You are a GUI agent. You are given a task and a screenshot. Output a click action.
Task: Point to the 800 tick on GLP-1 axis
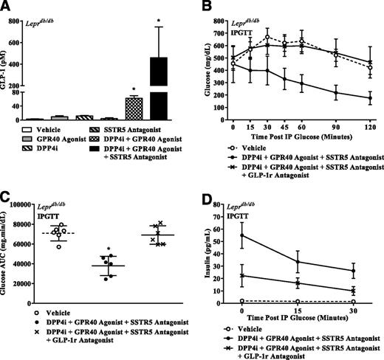tap(21, 23)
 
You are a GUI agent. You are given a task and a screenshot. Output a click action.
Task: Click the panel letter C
tap(8, 195)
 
